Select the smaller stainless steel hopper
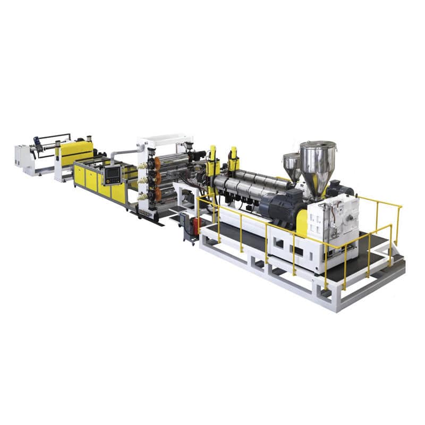pos(291,165)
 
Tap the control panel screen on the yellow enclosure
pos(113,174)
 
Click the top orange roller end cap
pos(151,163)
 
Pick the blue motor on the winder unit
pos(37,142)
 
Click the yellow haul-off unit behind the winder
pos(75,152)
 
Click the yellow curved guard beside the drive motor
pos(302,222)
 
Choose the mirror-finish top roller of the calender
pos(173,160)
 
